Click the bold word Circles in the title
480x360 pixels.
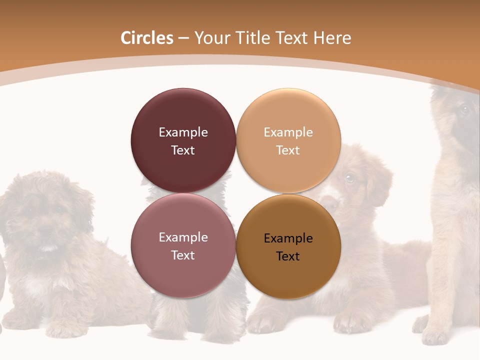click(x=147, y=38)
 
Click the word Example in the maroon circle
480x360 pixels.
click(x=183, y=132)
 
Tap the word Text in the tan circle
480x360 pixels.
click(x=287, y=150)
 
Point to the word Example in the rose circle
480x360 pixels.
click(x=183, y=237)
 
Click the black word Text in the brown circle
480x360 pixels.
click(x=287, y=256)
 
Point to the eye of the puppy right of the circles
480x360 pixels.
click(x=349, y=177)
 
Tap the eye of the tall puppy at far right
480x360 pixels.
click(x=463, y=109)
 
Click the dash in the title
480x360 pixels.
click(x=183, y=38)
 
